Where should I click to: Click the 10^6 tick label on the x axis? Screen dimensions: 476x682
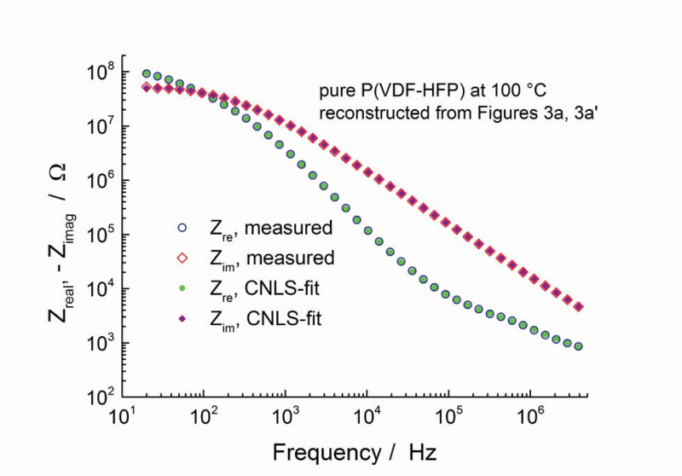[x=531, y=415]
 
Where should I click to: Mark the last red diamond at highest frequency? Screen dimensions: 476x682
[x=579, y=307]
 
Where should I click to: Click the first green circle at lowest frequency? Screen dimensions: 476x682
[x=147, y=74]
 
